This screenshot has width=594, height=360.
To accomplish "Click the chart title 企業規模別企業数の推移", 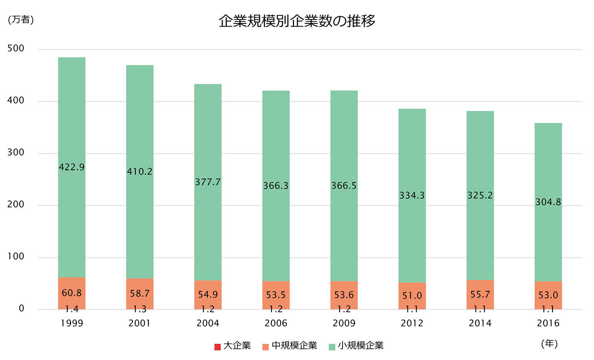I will pyautogui.click(x=297, y=21).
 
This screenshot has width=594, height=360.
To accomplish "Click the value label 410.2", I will pyautogui.click(x=140, y=172).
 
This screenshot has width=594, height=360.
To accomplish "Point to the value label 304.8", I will pyautogui.click(x=548, y=202).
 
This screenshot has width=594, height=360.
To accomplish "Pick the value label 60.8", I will pyautogui.click(x=72, y=293).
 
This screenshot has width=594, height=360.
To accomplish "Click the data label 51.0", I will pyautogui.click(x=412, y=296).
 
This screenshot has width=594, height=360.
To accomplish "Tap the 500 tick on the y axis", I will pyautogui.click(x=16, y=49).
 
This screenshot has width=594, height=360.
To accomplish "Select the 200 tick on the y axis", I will pyautogui.click(x=16, y=204).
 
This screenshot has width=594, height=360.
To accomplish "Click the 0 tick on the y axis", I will pyautogui.click(x=22, y=308).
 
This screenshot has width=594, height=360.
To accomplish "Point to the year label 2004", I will pyautogui.click(x=208, y=323).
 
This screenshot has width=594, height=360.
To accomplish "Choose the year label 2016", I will pyautogui.click(x=548, y=323).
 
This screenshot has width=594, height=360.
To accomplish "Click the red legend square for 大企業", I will pyautogui.click(x=217, y=347).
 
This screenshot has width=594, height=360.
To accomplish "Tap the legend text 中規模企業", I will pyautogui.click(x=294, y=346).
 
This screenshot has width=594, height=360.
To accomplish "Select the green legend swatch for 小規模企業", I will pyautogui.click(x=332, y=347).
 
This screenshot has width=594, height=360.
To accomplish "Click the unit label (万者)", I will pyautogui.click(x=21, y=20).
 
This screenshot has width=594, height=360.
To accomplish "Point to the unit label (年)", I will pyautogui.click(x=549, y=343).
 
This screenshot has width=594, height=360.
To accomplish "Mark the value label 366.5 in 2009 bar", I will pyautogui.click(x=344, y=186).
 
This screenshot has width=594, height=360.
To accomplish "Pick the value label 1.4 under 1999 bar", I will pyautogui.click(x=72, y=309).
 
